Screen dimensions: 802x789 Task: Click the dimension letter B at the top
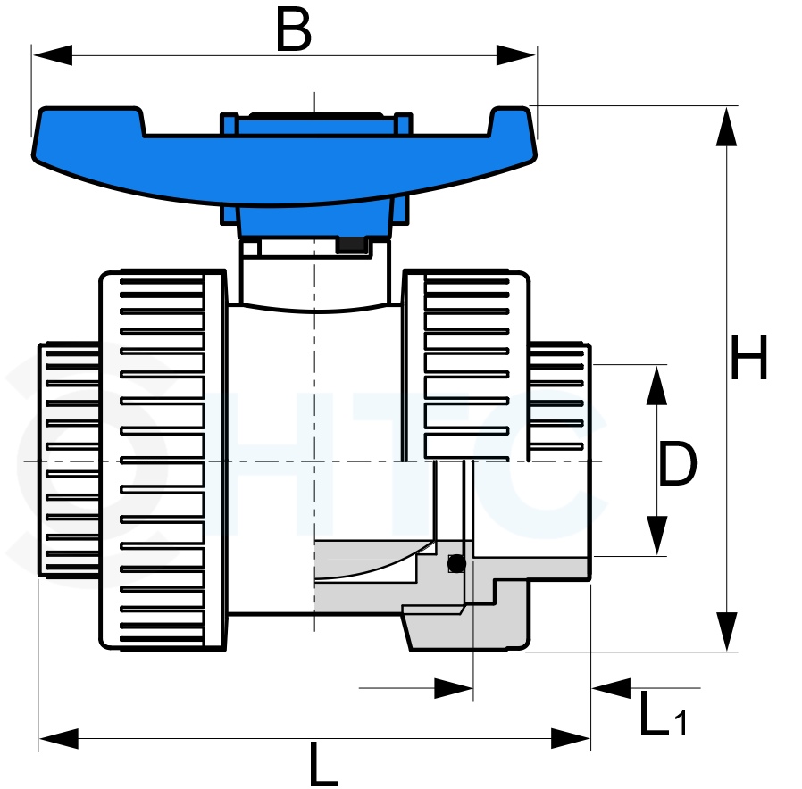coord(293,29)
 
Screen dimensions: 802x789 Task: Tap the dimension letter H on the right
coord(749,357)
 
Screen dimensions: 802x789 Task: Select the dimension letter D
coord(678,463)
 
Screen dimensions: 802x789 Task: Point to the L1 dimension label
coord(663,714)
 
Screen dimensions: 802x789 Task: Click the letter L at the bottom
coord(323,764)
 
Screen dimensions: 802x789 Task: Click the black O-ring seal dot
coord(456,564)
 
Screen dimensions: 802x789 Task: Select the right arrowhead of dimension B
coord(515,55)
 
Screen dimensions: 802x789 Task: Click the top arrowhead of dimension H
coord(726,127)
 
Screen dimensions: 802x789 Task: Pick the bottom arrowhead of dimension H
coord(726,631)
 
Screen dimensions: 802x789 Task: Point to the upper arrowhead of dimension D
coord(656,386)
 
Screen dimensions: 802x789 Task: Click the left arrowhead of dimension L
coord(59,738)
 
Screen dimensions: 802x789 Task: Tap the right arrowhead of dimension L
coord(571,738)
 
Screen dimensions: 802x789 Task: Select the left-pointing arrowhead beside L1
coord(611,688)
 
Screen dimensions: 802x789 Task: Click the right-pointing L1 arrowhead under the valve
coord(453,688)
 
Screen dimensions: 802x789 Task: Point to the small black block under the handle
coord(352,245)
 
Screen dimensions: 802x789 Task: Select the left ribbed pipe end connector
coord(69,460)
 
